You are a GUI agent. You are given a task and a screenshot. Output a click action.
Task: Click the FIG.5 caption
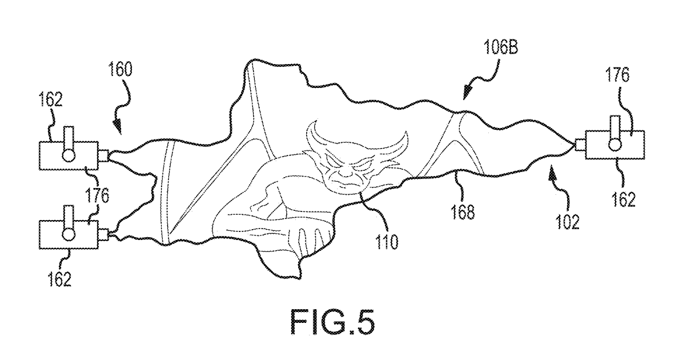[332, 322]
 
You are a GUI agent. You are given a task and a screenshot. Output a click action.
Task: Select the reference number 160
[120, 69]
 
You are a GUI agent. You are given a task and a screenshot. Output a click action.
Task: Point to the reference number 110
[387, 242]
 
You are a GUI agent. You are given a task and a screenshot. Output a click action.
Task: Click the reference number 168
[463, 212]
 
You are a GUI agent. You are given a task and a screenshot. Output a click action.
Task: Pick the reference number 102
[568, 222]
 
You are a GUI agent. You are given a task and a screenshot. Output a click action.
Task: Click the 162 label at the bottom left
[59, 278]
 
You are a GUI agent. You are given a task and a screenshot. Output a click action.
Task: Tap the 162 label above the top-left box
[51, 99]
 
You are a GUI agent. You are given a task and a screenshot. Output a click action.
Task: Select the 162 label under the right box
[623, 199]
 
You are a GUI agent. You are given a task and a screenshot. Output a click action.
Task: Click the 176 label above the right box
[617, 75]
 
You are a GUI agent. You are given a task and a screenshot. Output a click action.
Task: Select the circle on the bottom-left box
[69, 234]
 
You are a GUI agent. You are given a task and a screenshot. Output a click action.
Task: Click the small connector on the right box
[580, 145]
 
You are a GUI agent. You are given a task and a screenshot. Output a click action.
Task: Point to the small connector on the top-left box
[103, 156]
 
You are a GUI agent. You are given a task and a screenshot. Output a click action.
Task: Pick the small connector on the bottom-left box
[103, 235]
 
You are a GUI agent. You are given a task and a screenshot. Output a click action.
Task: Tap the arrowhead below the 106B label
[467, 93]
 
